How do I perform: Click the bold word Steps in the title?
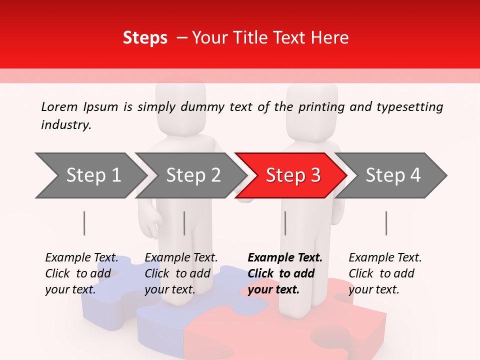145,38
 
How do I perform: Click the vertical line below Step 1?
84,223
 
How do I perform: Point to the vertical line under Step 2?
184,223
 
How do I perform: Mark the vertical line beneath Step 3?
285,223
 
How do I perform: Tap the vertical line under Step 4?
386,223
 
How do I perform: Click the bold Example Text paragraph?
284,273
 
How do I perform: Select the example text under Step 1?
81,273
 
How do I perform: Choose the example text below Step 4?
384,273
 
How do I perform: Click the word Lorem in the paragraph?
59,106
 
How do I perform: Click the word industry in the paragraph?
65,125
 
